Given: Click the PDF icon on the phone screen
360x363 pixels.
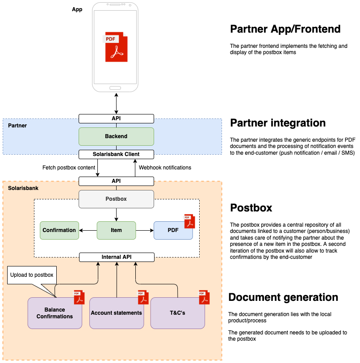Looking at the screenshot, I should coord(116,46).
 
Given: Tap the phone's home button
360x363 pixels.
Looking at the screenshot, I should coord(115,87).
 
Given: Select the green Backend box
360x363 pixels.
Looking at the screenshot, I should coord(116,136).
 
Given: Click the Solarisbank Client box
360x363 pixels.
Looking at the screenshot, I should coord(116,154).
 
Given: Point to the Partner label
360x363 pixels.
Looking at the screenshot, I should coord(17,126).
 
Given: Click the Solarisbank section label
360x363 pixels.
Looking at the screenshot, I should coord(23,188).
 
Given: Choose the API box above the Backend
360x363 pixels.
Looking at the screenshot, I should coord(116,118).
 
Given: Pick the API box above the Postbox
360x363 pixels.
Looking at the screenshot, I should coord(116,181).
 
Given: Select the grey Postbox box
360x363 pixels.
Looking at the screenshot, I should coord(116,199).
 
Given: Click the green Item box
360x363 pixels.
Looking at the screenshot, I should coord(116,230).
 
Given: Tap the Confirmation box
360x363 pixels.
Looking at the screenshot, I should coord(59,230).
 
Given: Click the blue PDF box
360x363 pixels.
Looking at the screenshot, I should coord(173,230).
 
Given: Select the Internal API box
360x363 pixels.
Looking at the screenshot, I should coord(116,257).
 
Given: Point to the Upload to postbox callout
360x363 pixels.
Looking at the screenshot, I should coord(32,275).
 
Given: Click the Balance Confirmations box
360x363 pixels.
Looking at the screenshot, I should coord(54,313).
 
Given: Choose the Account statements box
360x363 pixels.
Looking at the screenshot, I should coord(116,313).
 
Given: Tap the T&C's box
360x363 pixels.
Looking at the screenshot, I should coord(177,313).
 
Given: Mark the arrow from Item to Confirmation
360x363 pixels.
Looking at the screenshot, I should coord(88,230).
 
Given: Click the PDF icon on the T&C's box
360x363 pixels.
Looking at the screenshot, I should coord(204,297).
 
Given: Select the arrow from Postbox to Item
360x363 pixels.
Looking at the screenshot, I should coord(116,215).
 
